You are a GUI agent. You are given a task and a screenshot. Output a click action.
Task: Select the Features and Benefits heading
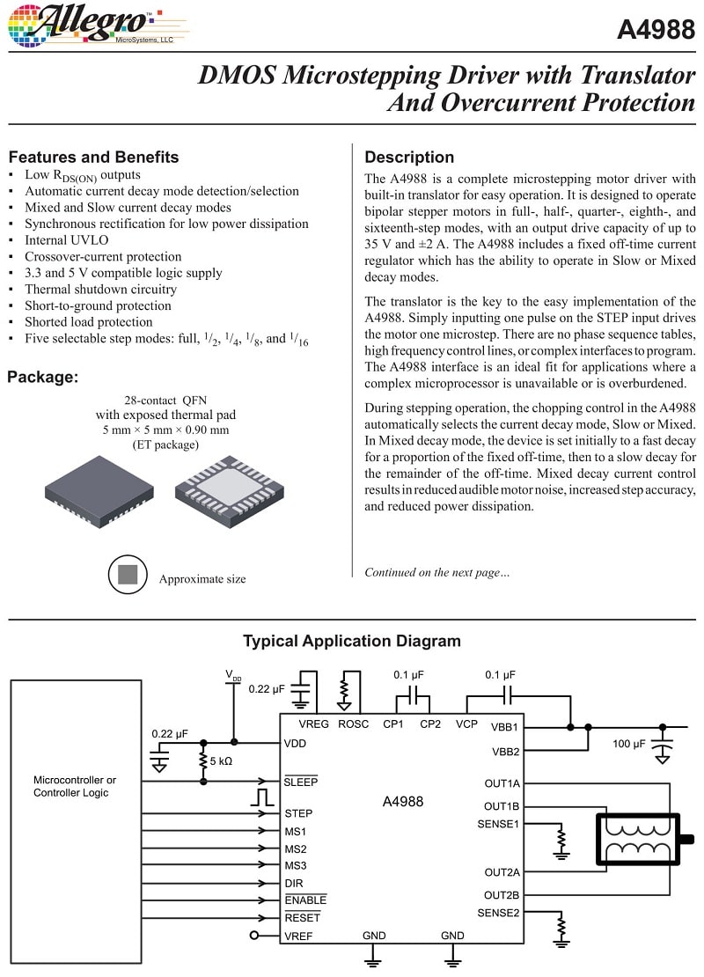point(93,158)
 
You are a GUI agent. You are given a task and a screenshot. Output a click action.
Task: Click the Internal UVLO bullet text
point(67,240)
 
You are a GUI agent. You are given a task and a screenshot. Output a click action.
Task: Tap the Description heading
point(409,158)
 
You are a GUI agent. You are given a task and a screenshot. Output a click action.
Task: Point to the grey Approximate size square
point(128,576)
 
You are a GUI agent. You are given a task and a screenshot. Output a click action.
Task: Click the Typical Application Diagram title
point(351,641)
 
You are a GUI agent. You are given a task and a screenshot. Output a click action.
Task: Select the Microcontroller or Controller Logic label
point(75,786)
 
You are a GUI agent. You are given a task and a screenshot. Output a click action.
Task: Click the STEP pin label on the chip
point(298,813)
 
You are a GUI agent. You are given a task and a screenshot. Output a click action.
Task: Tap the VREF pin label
point(298,936)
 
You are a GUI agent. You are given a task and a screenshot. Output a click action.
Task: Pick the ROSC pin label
point(353,724)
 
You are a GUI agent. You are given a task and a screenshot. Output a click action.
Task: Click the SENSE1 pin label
point(498,824)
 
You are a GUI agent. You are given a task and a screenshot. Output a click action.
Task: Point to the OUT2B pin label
point(502,894)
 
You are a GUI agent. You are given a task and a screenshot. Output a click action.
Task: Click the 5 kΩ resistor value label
point(221,760)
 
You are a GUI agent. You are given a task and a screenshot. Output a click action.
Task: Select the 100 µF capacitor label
point(629,744)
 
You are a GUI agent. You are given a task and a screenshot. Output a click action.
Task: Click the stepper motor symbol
point(640,839)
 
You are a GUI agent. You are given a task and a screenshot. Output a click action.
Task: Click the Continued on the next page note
point(436,572)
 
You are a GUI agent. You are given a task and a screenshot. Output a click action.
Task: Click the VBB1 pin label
point(504,728)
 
